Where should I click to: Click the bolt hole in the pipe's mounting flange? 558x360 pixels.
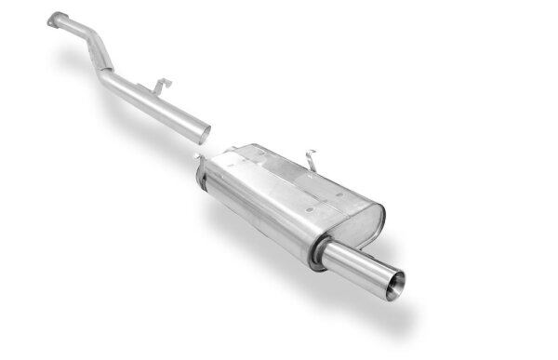(57, 16)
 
